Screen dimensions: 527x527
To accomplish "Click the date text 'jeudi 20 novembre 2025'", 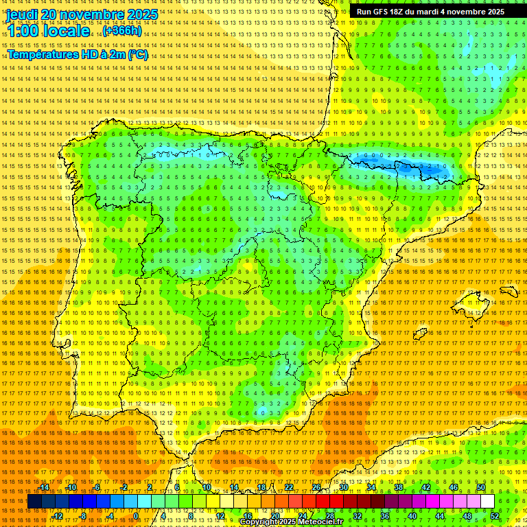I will (82, 14).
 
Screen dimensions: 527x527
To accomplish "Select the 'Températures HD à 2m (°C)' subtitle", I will (77, 54).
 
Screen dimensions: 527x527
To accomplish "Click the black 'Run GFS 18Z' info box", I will (430, 12).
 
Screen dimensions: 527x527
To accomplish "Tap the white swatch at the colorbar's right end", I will (487, 502).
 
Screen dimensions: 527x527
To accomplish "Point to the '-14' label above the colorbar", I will (44, 487).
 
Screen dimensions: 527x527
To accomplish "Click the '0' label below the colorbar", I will (136, 515).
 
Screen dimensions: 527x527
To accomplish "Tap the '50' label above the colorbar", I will (481, 487).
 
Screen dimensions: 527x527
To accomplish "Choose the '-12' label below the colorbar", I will (58, 515).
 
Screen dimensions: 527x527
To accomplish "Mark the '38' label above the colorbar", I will (399, 487).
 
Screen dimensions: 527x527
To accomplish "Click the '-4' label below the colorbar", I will (110, 515).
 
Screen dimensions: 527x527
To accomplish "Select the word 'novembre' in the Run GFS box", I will (463, 12).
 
